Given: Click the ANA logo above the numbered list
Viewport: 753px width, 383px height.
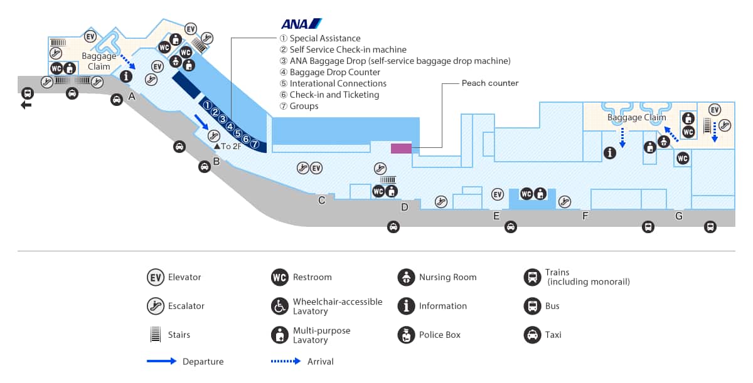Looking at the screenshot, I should (x=301, y=24).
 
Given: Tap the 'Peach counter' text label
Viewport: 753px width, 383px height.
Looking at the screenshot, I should (x=490, y=83).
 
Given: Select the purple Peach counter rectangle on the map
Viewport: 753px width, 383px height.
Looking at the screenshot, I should (x=401, y=149).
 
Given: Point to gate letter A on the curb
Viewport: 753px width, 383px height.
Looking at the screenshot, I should (x=132, y=97).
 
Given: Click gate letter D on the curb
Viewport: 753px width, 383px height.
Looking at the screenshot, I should (x=405, y=207).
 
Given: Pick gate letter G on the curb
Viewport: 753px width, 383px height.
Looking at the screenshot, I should (x=678, y=216).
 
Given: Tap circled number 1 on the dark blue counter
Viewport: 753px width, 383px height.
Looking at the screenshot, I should (x=207, y=105).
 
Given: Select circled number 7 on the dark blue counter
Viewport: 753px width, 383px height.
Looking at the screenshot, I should (x=255, y=144).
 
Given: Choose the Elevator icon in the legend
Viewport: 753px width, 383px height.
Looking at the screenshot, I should (x=156, y=277).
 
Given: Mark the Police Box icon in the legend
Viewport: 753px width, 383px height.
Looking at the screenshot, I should (x=406, y=335).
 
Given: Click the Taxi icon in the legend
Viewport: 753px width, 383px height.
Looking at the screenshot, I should (x=532, y=335).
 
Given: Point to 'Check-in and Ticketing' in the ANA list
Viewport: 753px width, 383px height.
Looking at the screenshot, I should (x=334, y=95).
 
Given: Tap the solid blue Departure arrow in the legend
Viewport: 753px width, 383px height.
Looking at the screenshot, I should (x=162, y=361).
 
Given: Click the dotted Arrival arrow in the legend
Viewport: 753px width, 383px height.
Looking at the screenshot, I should (x=287, y=361).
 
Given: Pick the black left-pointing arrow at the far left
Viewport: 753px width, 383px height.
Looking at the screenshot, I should (x=26, y=105).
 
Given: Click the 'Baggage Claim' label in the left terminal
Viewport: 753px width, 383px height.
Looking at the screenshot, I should (x=99, y=61).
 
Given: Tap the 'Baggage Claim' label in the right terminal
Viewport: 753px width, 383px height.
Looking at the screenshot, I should (x=636, y=117).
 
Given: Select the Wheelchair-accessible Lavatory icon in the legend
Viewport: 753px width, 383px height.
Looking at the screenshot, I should (x=280, y=306).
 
